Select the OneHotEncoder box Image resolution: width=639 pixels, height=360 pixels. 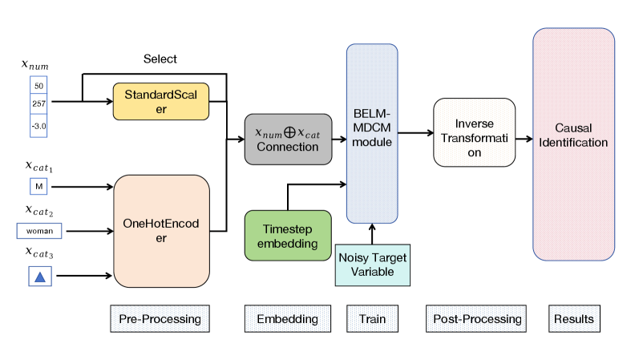pos(161,232)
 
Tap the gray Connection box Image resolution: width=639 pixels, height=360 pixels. pos(286,140)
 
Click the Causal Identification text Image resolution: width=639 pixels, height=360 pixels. pos(573,136)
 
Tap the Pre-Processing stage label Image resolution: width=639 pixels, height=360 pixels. pos(160,319)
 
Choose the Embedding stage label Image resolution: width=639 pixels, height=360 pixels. pos(286,319)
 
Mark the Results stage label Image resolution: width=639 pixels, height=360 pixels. pos(573,319)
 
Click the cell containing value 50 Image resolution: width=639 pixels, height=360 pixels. pos(38,84)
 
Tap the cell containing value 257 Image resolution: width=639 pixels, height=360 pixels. pos(38,103)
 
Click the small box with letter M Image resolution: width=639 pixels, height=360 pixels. pos(38,187)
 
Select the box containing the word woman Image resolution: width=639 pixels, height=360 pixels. pos(39,232)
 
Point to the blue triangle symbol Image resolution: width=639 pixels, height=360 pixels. pos(38,277)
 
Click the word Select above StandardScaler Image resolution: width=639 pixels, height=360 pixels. pos(160,59)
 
